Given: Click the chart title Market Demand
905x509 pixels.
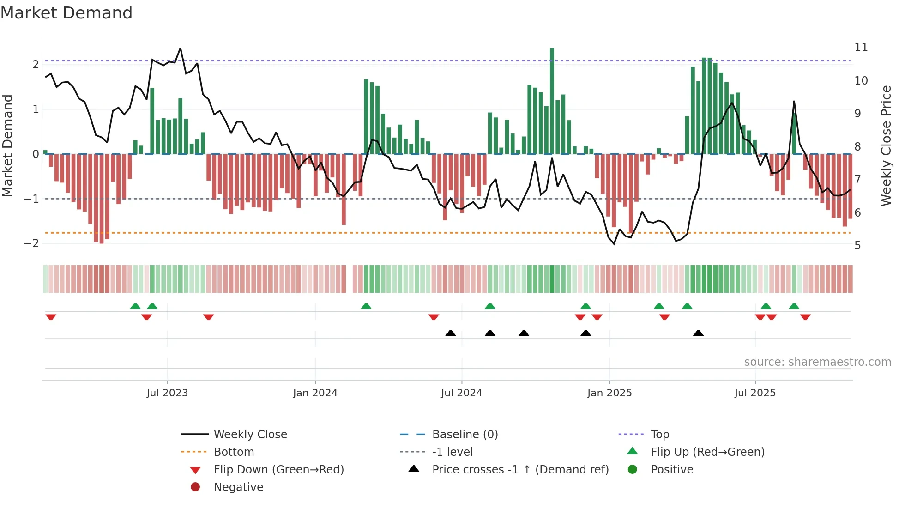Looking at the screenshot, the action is tap(66, 13).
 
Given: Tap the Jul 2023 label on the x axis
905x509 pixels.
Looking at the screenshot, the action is tap(167, 393).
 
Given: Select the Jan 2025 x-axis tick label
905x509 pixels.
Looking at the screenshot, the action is tap(609, 393).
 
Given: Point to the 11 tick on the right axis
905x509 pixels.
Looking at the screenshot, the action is tap(861, 48).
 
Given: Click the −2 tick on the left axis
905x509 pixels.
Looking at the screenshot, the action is tap(31, 243).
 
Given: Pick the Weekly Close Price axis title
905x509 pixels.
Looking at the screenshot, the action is tap(886, 145).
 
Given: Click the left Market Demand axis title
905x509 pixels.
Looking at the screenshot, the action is tap(8, 145).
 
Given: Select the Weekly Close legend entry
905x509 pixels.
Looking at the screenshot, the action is tap(250, 435).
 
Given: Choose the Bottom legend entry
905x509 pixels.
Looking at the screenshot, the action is tap(234, 452).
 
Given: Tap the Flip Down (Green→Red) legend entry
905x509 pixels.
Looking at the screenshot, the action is tap(278, 470).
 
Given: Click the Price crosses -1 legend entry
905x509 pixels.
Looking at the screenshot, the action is tap(520, 470).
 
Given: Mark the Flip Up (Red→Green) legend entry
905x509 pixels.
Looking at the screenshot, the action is tap(707, 452).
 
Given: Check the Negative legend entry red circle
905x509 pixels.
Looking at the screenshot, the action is tap(195, 487).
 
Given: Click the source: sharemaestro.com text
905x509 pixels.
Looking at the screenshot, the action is tap(817, 362).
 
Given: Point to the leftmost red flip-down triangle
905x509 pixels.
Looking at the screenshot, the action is tap(51, 317).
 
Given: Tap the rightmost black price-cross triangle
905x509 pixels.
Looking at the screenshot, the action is tap(698, 333).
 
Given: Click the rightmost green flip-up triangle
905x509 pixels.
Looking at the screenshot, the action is tap(794, 306).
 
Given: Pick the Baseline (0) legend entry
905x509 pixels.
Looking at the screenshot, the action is tap(465, 435).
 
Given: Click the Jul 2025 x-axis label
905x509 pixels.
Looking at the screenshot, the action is tap(755, 393).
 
